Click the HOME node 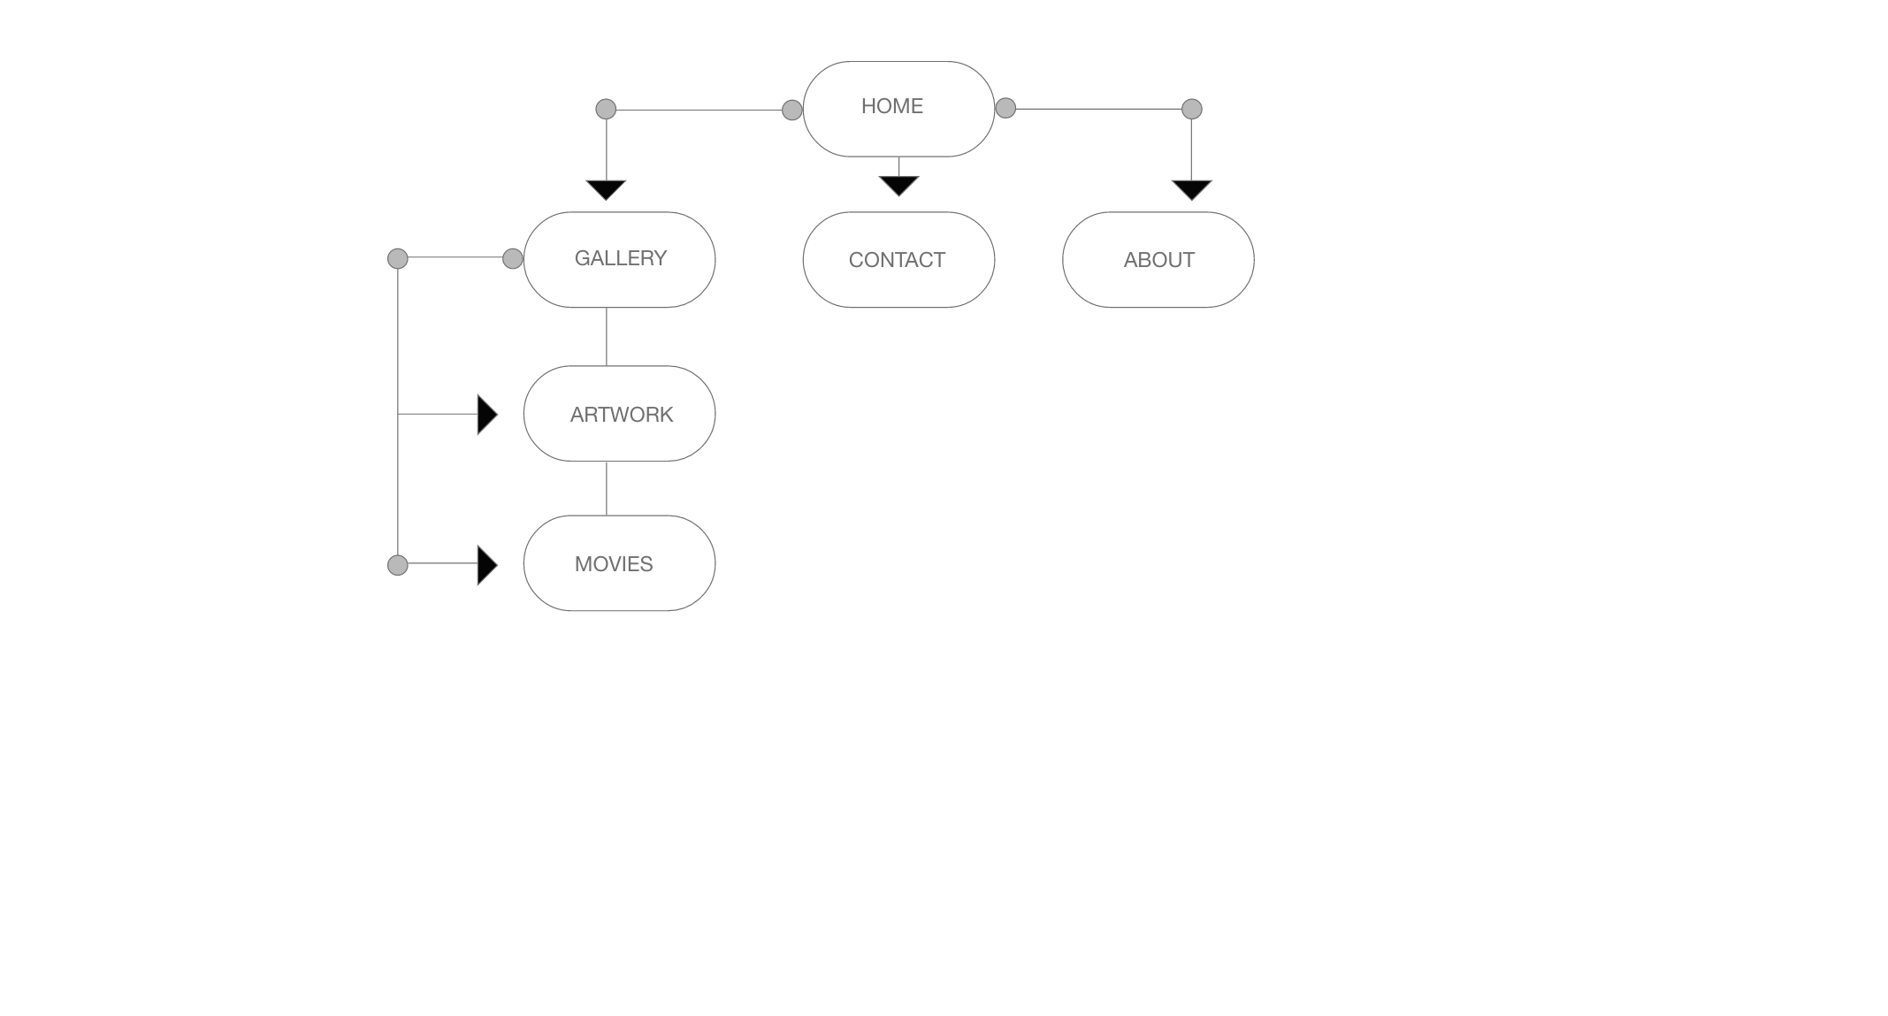[898, 109]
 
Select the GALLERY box [619, 259]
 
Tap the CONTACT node [898, 259]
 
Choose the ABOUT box [1158, 259]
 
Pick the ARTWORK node [619, 413]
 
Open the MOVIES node [619, 563]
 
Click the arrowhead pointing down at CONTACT [898, 186]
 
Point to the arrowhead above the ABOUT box [1191, 190]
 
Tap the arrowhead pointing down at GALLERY [606, 190]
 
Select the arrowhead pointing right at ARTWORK [487, 415]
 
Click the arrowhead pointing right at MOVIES [487, 565]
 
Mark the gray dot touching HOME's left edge [792, 110]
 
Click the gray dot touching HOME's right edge [1005, 108]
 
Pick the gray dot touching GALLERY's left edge [513, 258]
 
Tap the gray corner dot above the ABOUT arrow [1192, 109]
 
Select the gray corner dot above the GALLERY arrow [606, 109]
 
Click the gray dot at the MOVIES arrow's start [398, 565]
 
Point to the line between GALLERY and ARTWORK [606, 336]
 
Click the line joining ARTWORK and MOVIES [606, 488]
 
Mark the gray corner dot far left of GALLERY [398, 258]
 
